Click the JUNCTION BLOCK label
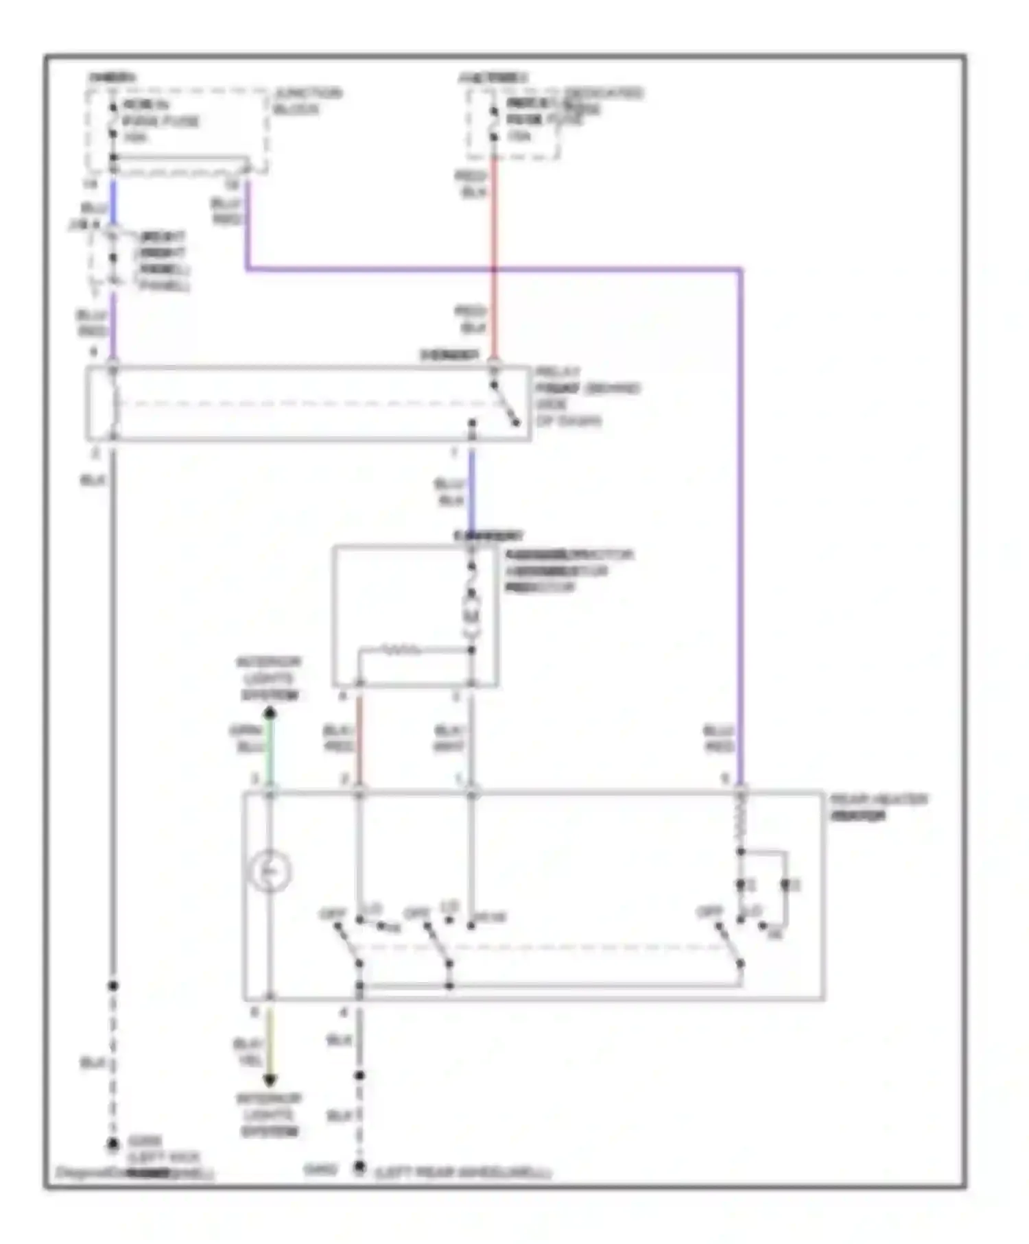[307, 101]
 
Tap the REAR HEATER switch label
[878, 807]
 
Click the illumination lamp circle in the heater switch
[270, 872]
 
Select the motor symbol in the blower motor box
[471, 608]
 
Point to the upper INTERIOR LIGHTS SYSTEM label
[270, 678]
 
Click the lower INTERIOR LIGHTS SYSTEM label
[270, 1114]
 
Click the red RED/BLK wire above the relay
[493, 240]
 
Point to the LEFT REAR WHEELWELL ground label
[464, 1172]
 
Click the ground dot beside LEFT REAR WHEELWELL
[359, 1167]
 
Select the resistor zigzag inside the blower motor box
[401, 649]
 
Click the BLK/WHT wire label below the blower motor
[450, 738]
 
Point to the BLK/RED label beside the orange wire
[339, 738]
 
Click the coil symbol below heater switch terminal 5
[741, 821]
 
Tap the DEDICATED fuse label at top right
[604, 93]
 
